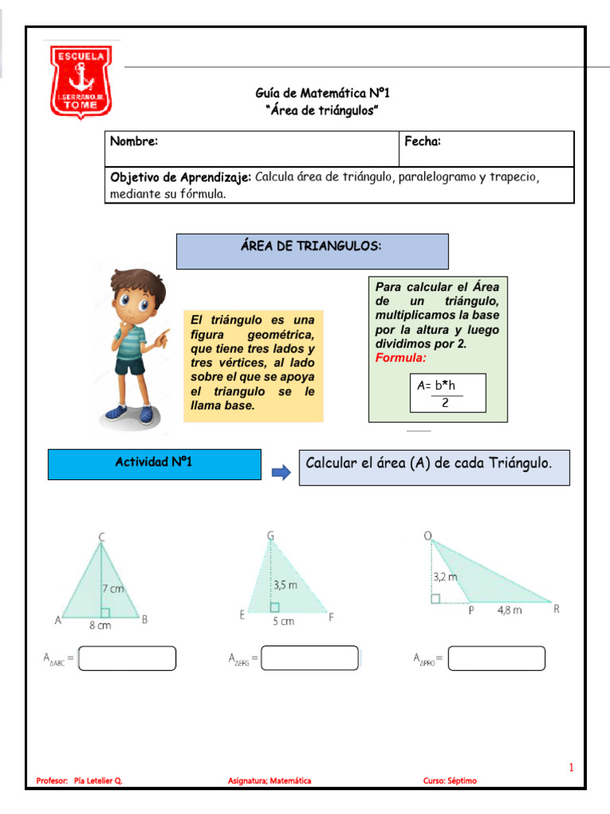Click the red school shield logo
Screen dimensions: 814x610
tap(80, 81)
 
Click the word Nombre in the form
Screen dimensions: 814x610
tap(133, 141)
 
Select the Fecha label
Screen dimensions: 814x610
tap(423, 141)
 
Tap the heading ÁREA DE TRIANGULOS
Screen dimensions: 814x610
tap(311, 247)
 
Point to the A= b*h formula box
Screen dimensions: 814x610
tap(447, 393)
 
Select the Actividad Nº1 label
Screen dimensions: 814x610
tap(154, 462)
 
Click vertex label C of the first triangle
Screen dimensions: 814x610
tap(102, 537)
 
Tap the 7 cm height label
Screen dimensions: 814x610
tap(114, 588)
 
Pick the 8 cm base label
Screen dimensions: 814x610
tap(100, 626)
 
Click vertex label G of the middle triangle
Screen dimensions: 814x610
tap(271, 536)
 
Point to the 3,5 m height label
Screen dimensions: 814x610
tap(286, 584)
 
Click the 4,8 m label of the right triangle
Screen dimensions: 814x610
tap(510, 610)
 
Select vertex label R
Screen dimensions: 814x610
tap(557, 609)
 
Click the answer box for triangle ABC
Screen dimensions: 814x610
tap(128, 658)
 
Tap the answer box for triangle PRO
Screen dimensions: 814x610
tap(496, 658)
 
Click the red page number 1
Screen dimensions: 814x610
tap(570, 767)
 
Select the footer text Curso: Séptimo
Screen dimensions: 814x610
tap(450, 781)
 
